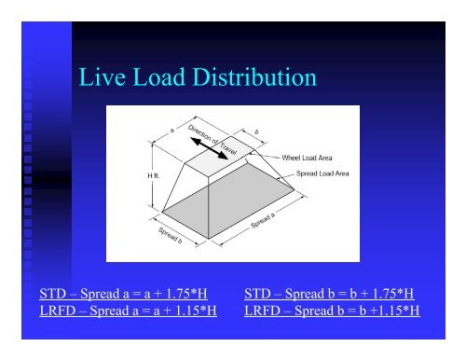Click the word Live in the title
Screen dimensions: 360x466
click(x=101, y=80)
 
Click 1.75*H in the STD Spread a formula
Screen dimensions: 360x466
click(x=181, y=296)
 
